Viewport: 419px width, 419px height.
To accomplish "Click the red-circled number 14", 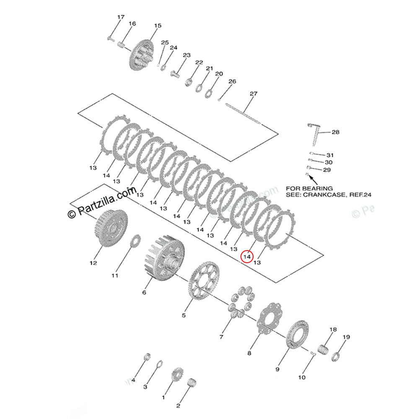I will (247, 256).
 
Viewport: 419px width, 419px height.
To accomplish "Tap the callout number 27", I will (253, 93).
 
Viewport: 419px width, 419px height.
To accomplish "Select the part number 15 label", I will (157, 26).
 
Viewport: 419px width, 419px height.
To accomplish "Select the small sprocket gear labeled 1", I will (176, 374).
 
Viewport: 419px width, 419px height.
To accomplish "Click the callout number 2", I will (178, 406).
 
